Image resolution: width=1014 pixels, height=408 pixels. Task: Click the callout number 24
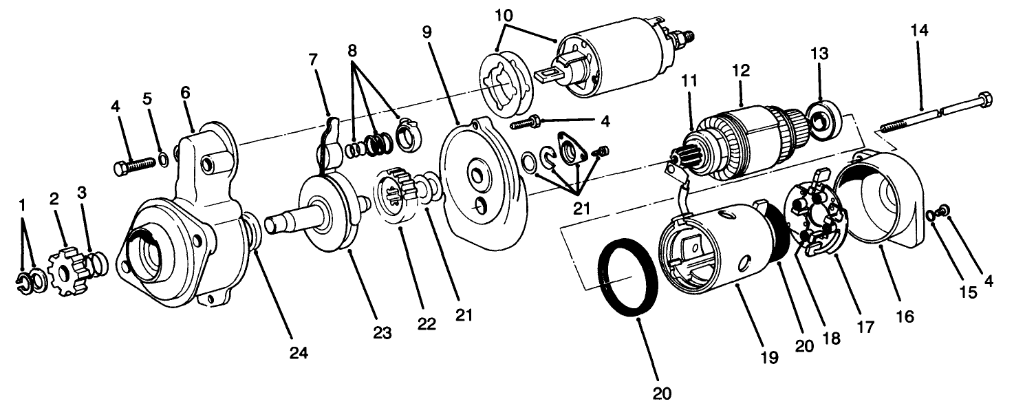pyautogui.click(x=299, y=353)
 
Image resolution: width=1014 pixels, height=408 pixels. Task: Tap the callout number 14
pyautogui.click(x=918, y=30)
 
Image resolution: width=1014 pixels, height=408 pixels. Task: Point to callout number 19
pyautogui.click(x=769, y=357)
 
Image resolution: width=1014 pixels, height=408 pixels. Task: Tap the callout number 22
pyautogui.click(x=427, y=324)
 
